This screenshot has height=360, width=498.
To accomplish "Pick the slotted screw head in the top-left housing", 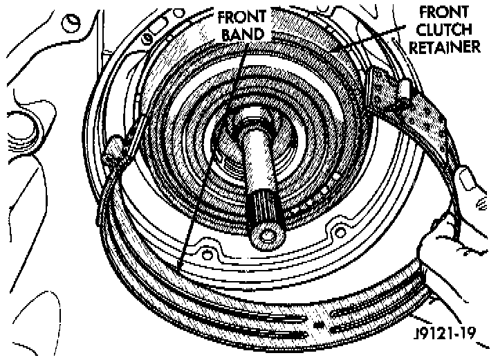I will coord(71,21).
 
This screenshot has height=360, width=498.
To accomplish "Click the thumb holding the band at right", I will coord(471,182).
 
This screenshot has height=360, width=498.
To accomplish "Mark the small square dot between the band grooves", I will coord(317,323).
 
